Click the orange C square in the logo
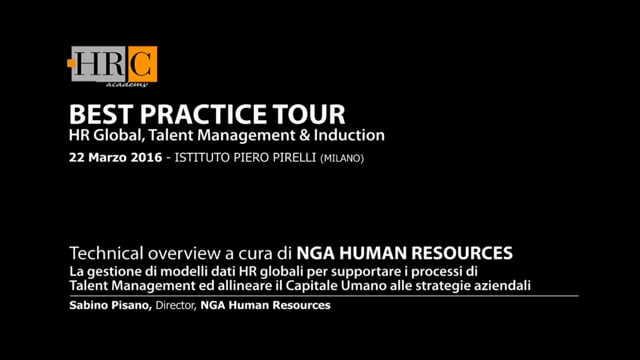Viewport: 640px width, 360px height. (x=142, y=64)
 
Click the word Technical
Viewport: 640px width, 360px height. (x=102, y=253)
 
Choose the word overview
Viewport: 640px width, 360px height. (x=176, y=253)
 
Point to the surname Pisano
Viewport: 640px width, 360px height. (x=131, y=305)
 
